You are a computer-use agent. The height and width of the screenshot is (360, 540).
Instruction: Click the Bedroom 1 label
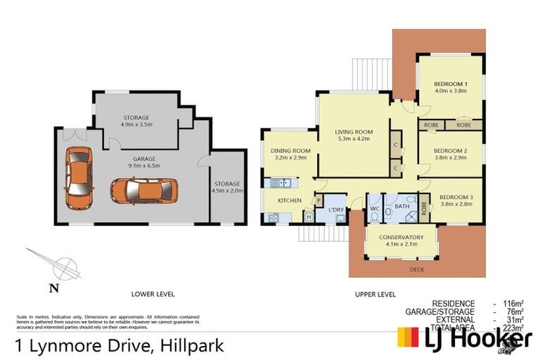pyautogui.click(x=451, y=84)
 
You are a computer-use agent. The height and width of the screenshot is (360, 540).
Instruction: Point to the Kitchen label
pyautogui.click(x=289, y=201)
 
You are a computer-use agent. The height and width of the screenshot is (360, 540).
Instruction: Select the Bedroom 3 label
pyautogui.click(x=456, y=197)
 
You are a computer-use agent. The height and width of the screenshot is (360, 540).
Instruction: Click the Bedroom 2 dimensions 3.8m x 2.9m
pyautogui.click(x=451, y=158)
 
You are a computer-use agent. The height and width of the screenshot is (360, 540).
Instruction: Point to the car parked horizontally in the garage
pyautogui.click(x=143, y=189)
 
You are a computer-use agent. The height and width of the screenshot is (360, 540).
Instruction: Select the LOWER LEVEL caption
pyautogui.click(x=153, y=294)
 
